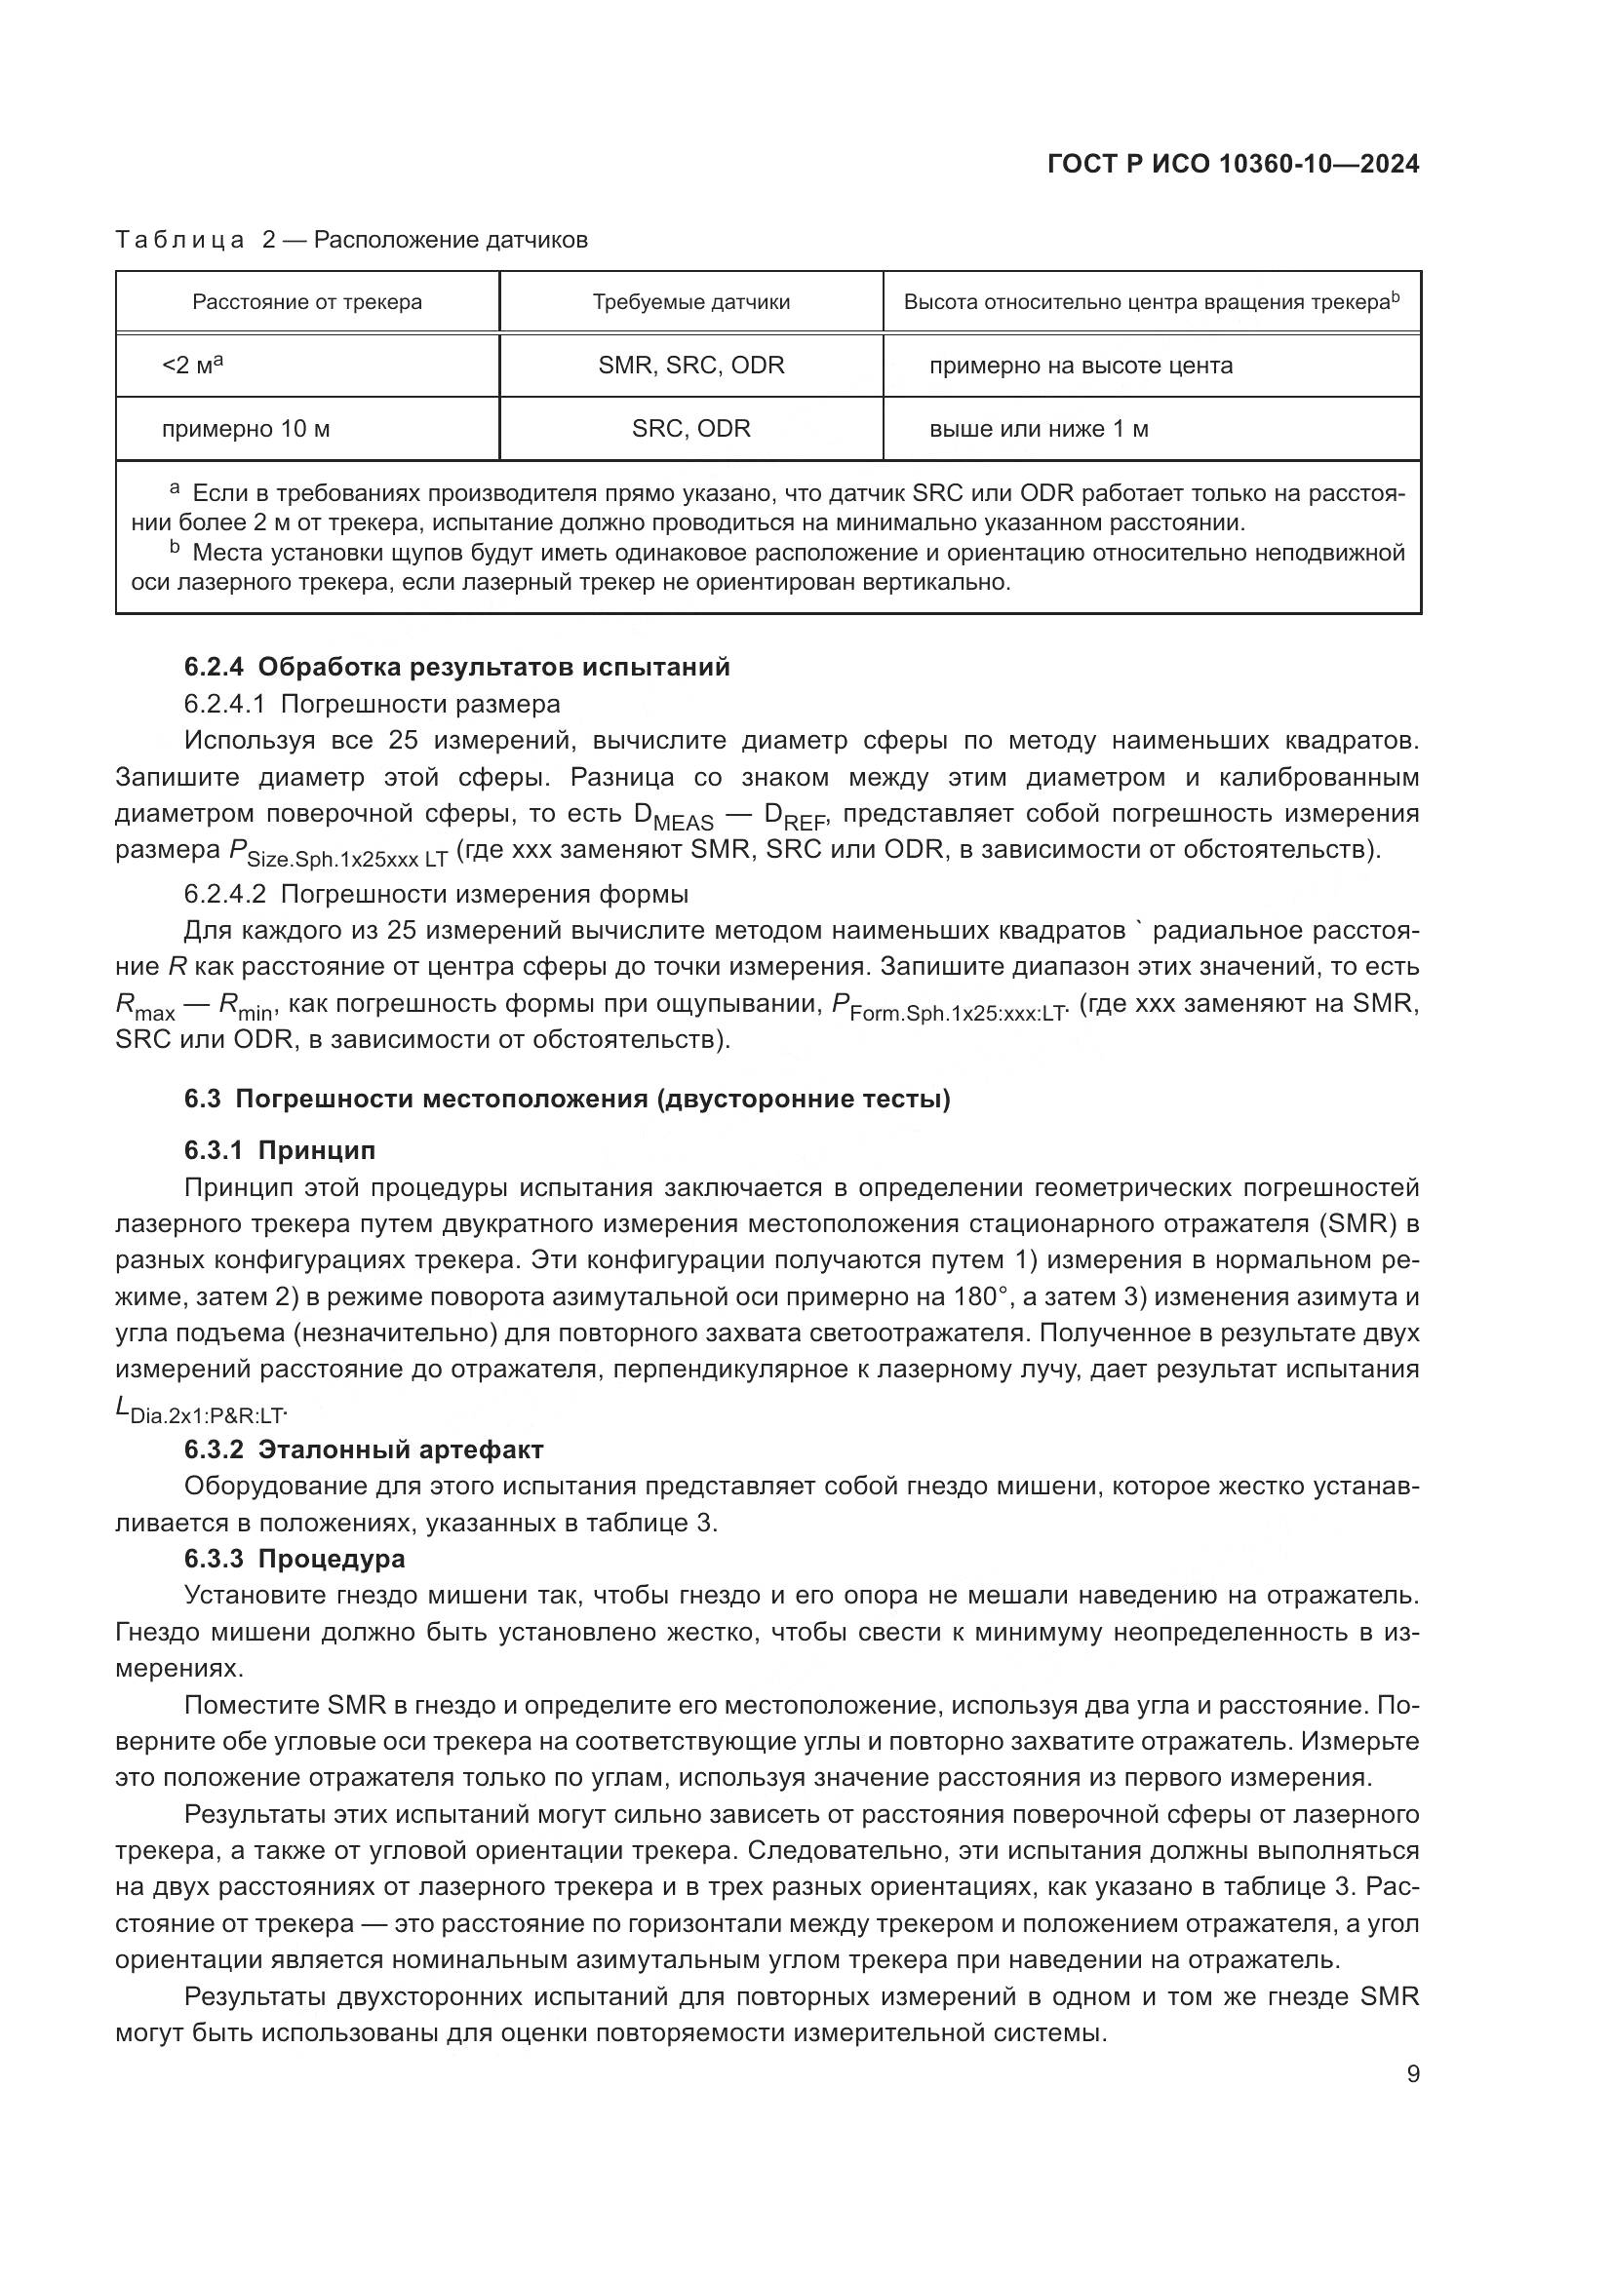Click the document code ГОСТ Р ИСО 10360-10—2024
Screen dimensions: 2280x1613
tap(1233, 165)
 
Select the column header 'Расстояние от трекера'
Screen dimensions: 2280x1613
tap(307, 302)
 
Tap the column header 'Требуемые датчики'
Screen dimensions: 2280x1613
tap(691, 302)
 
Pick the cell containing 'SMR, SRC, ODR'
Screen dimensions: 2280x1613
tap(691, 366)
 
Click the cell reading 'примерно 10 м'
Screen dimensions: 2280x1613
tap(246, 429)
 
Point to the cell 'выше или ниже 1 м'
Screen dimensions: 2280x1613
tap(1039, 429)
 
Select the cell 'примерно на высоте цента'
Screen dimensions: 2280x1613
tap(1081, 366)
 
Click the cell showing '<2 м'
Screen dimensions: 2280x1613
tap(192, 366)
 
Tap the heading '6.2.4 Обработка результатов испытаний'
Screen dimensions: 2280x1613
tap(456, 668)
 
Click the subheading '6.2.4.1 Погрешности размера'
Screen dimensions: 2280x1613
tap(372, 704)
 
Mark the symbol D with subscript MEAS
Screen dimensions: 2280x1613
tap(673, 816)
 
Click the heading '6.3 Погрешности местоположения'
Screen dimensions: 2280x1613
tap(568, 1100)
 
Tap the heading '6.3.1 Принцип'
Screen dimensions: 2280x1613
tap(280, 1150)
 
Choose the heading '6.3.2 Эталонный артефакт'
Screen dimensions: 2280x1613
tap(364, 1449)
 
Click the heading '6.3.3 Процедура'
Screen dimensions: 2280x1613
tap(295, 1558)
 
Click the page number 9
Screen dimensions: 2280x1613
tap(1412, 2074)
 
